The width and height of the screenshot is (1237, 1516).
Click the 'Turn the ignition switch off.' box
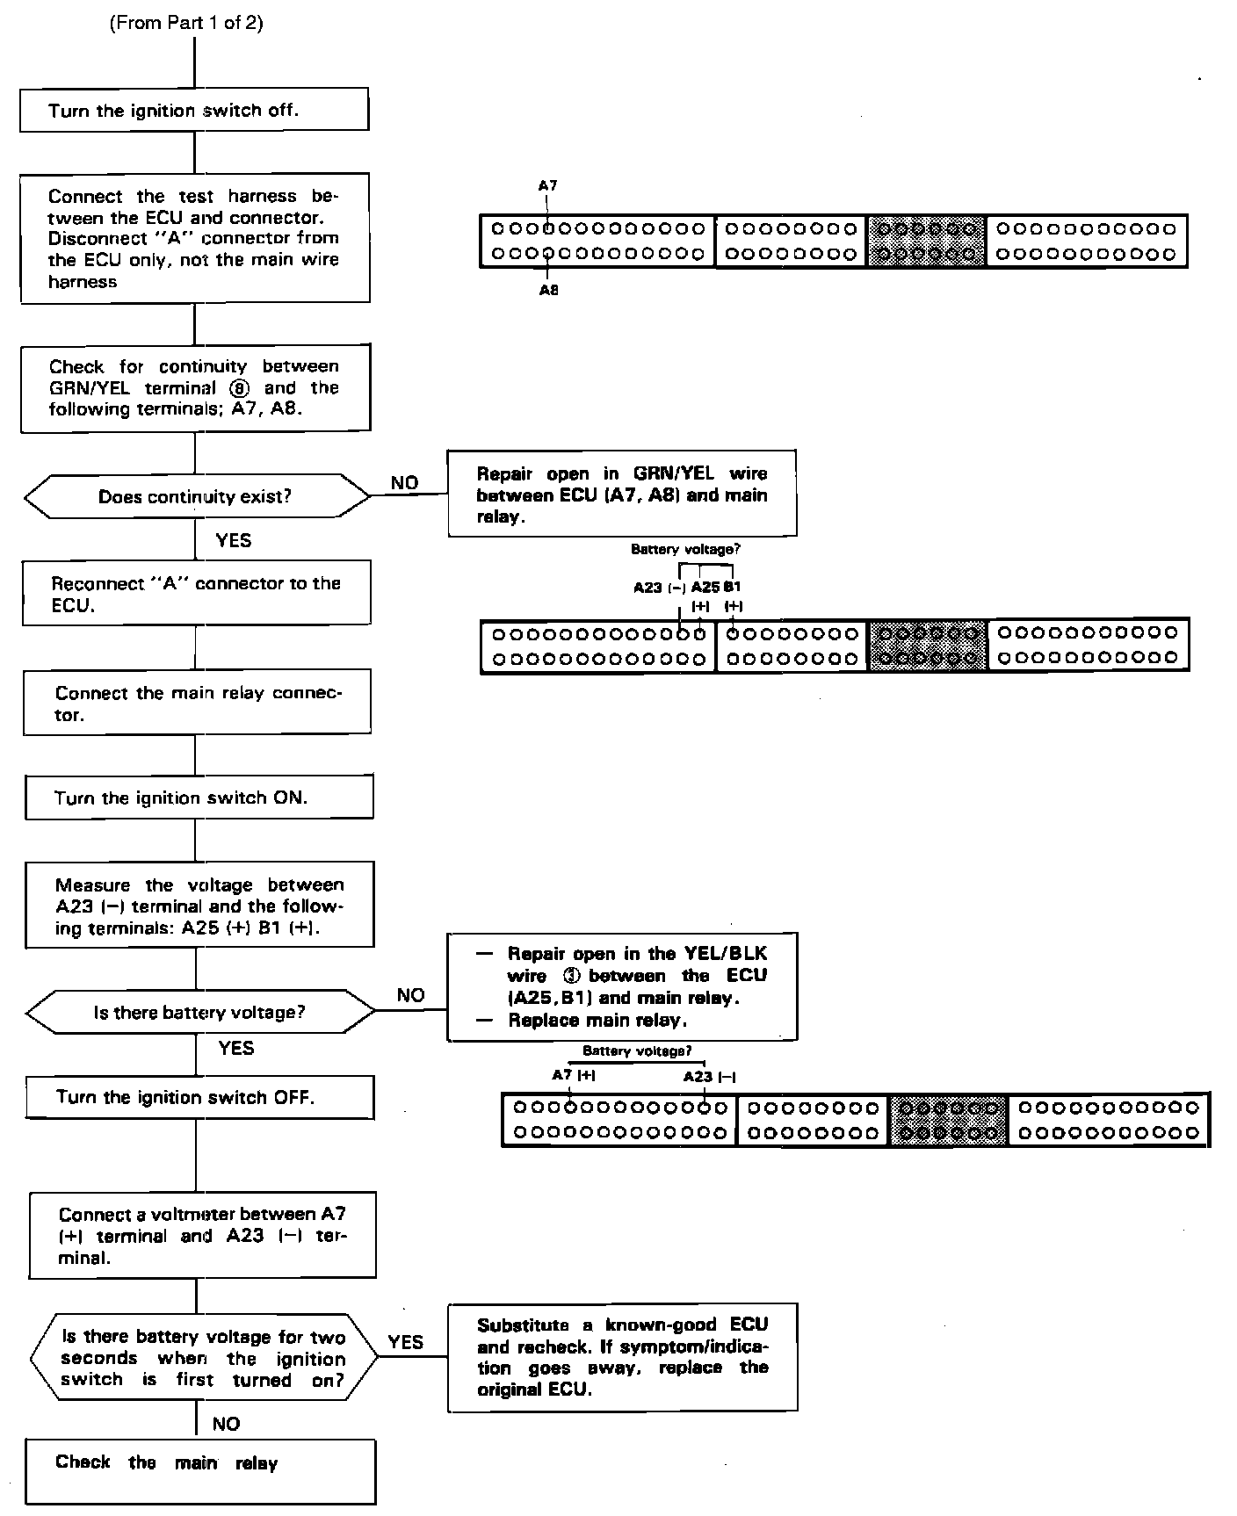tap(194, 110)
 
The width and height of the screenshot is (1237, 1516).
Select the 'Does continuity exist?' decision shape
tap(196, 497)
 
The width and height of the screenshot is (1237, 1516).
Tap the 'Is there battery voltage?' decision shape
tap(199, 1013)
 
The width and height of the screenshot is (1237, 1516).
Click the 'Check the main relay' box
tap(200, 1471)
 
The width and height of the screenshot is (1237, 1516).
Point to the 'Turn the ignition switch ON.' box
tap(199, 798)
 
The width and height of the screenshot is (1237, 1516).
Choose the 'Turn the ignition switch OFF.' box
tap(199, 1097)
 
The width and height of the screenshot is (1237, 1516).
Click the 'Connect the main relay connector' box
tap(198, 703)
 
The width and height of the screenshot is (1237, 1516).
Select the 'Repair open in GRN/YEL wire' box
tap(622, 494)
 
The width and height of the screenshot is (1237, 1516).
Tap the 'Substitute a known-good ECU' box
tap(622, 1357)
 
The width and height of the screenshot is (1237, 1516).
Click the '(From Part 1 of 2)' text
tap(186, 24)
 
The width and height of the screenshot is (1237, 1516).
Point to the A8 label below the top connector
tap(548, 291)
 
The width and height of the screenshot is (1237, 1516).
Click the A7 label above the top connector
tap(547, 186)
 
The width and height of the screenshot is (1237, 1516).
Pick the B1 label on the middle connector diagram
tap(733, 588)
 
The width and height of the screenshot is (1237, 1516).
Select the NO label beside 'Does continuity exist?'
tap(404, 483)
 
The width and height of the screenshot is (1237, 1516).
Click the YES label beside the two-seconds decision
tap(406, 1342)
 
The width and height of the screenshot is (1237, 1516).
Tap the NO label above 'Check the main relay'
tap(226, 1424)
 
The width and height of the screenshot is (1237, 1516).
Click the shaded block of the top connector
tap(926, 242)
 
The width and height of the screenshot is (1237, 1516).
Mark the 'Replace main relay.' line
tap(597, 1021)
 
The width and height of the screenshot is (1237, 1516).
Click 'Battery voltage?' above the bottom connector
tap(637, 1051)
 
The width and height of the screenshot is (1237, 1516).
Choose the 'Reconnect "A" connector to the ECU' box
tap(197, 594)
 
